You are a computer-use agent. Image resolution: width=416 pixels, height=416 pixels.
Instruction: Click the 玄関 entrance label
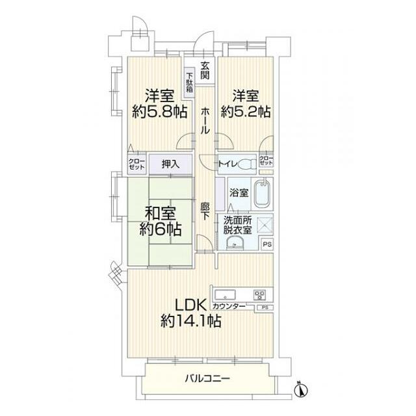click(x=205, y=70)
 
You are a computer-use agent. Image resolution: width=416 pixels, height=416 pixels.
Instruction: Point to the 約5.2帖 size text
click(x=245, y=112)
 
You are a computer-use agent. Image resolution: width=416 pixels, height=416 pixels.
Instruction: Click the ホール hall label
click(x=205, y=120)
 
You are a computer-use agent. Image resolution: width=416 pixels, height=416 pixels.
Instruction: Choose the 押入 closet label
click(x=170, y=165)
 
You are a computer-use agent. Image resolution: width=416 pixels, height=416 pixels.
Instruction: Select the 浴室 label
click(x=239, y=193)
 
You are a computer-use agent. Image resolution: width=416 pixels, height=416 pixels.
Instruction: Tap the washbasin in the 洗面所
click(x=233, y=243)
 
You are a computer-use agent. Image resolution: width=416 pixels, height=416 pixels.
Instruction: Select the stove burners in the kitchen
click(x=261, y=293)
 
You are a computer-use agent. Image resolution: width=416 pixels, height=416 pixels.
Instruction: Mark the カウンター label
click(x=229, y=306)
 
